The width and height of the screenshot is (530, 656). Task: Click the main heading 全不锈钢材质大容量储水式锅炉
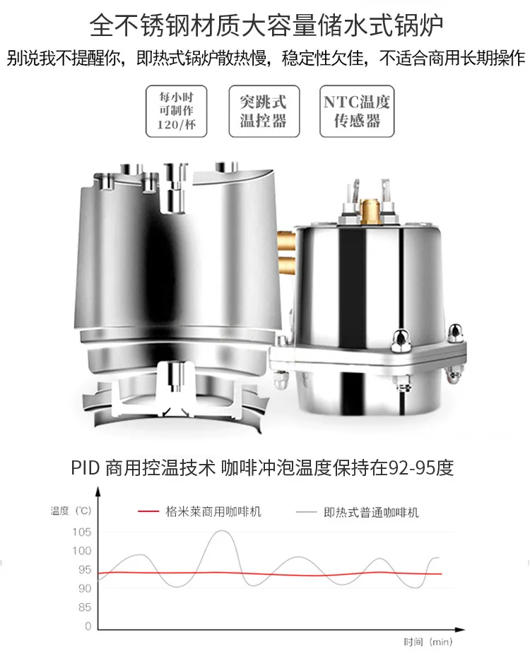pos(266,26)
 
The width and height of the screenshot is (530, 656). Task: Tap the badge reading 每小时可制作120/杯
pos(176,111)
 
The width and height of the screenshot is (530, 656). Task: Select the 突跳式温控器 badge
pos(264,111)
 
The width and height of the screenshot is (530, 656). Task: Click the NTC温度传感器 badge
pos(357,111)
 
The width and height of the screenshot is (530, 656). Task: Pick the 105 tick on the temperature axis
pos(82,532)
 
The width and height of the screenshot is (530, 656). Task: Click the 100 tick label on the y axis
pos(82,551)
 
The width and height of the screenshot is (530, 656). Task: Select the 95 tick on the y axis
pos(84,570)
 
